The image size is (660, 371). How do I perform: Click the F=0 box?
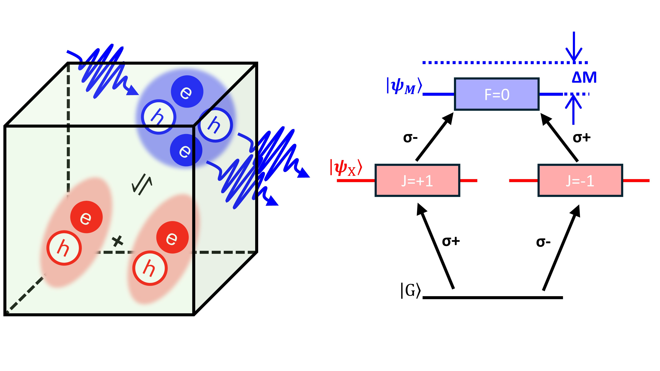(497, 94)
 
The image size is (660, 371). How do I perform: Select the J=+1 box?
(417, 180)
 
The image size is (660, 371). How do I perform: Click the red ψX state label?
(346, 168)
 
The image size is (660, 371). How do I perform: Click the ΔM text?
(584, 77)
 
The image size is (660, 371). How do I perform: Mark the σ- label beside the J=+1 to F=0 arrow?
(410, 138)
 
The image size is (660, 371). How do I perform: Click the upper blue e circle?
(187, 91)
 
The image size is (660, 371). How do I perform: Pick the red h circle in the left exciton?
(64, 248)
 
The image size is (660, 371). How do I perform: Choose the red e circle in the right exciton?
(172, 237)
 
